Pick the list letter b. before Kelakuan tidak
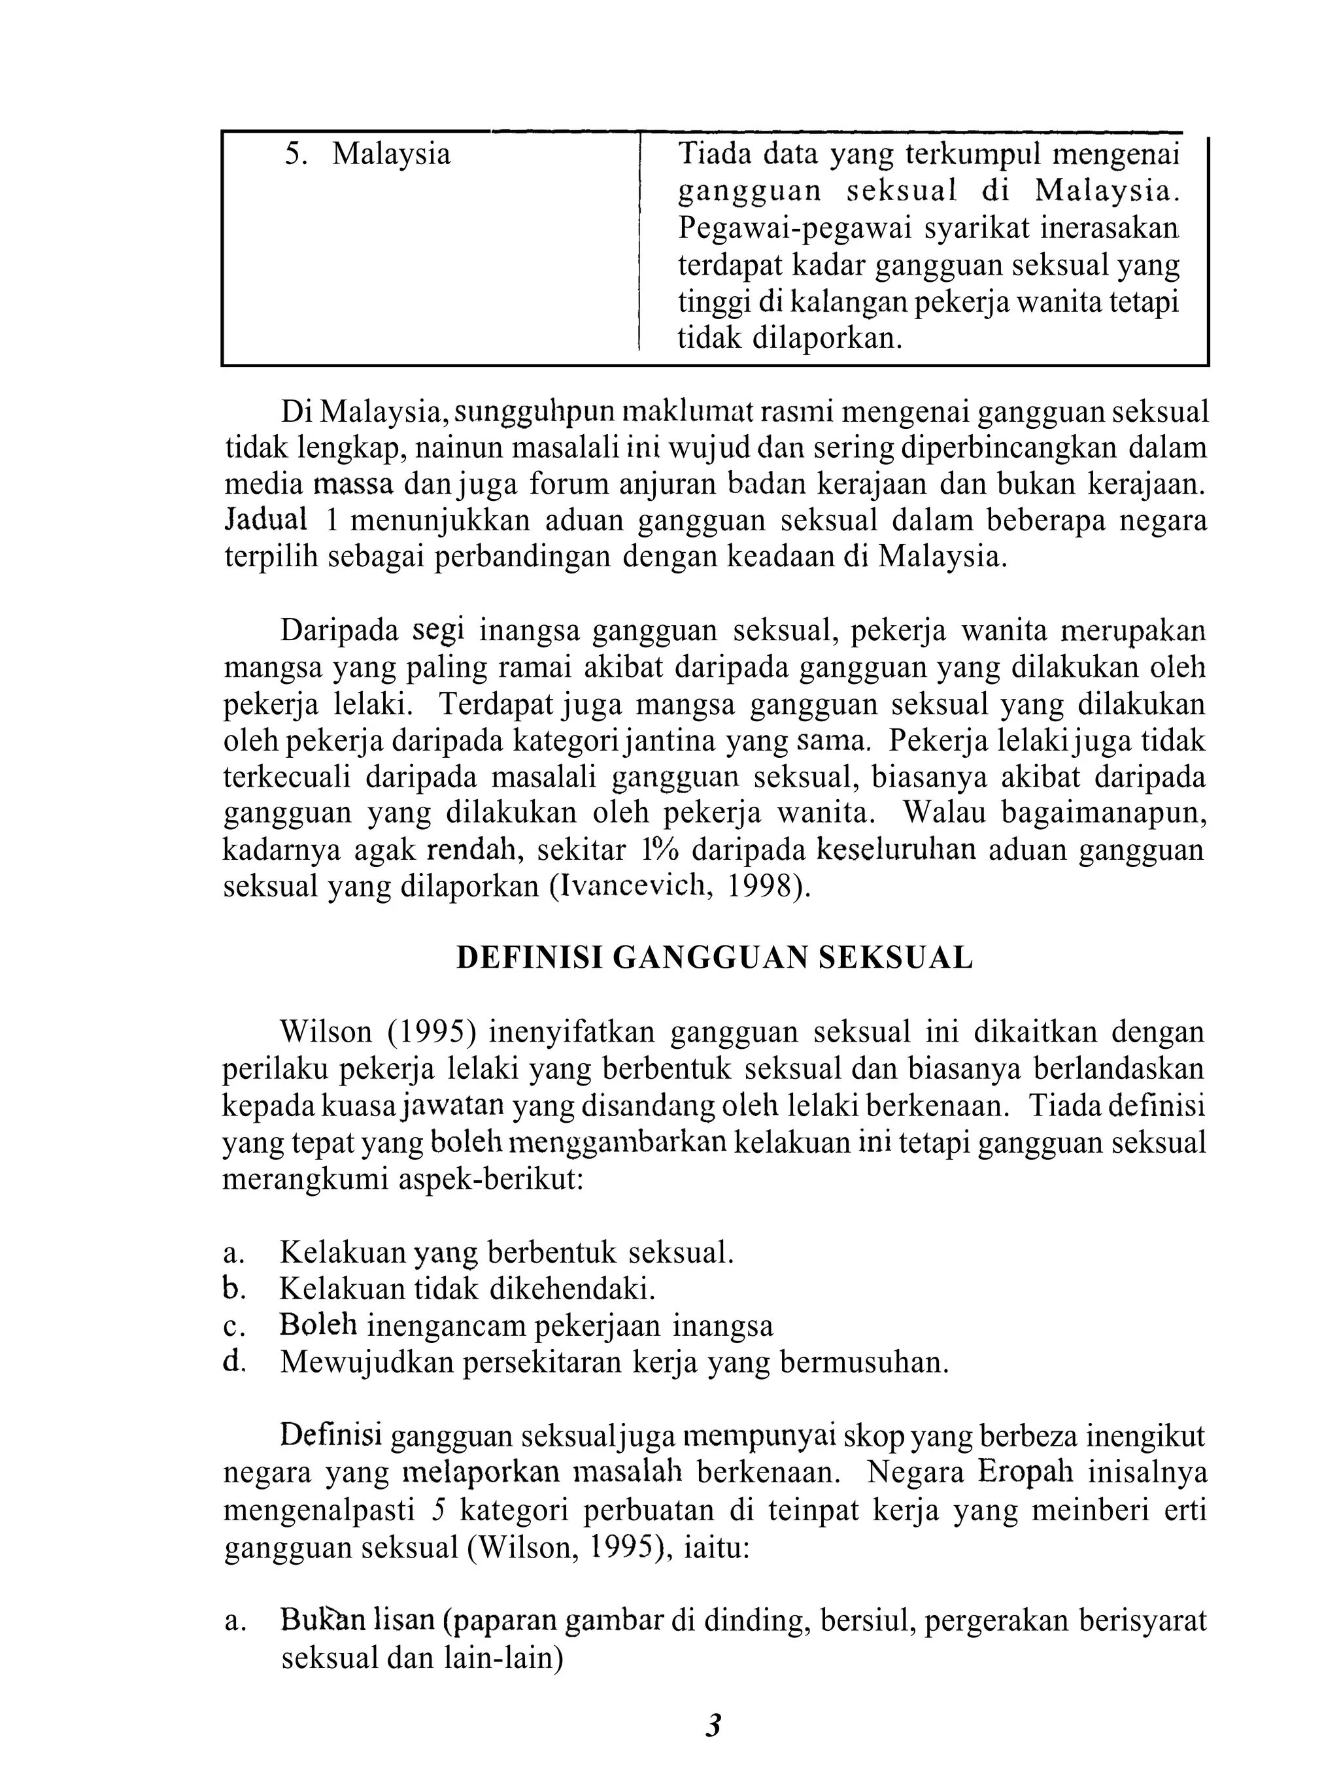pyautogui.click(x=233, y=1288)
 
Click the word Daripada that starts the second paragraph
pyautogui.click(x=339, y=631)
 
